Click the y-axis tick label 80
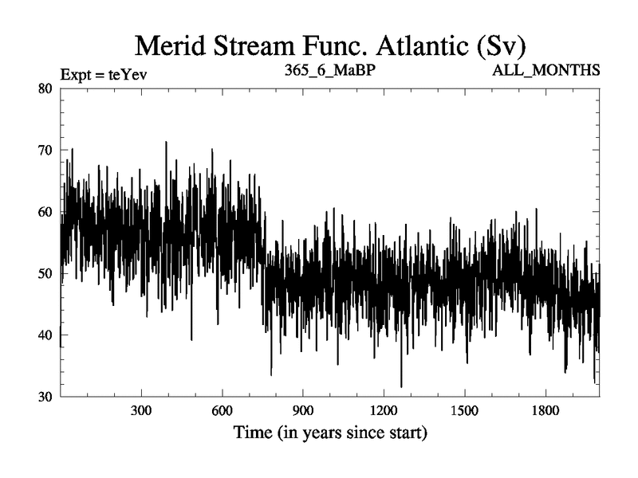click(46, 88)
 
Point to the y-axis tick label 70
click(46, 150)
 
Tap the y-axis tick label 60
click(46, 212)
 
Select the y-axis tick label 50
click(46, 273)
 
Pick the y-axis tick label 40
click(46, 335)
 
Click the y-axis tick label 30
click(46, 397)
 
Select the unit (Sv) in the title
click(498, 45)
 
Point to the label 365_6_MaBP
click(330, 72)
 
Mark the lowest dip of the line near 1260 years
click(401, 386)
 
